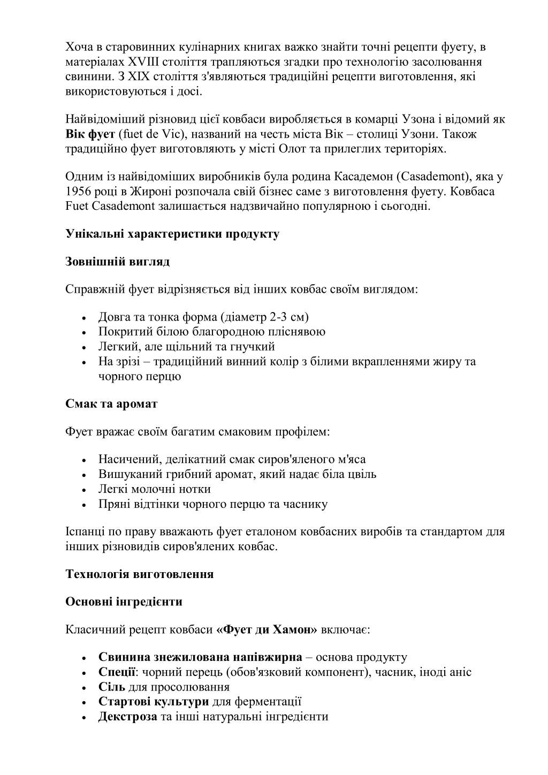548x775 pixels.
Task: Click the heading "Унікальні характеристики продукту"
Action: coord(172,234)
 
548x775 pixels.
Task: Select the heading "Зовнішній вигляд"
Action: coord(117,262)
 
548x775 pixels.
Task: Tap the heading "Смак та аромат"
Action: coord(111,404)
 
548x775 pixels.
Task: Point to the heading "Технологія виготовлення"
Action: coord(139,574)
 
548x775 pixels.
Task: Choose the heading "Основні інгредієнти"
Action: coord(124,602)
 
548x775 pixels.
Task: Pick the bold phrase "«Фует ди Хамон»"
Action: coord(267,629)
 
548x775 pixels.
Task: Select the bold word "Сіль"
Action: coord(111,687)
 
